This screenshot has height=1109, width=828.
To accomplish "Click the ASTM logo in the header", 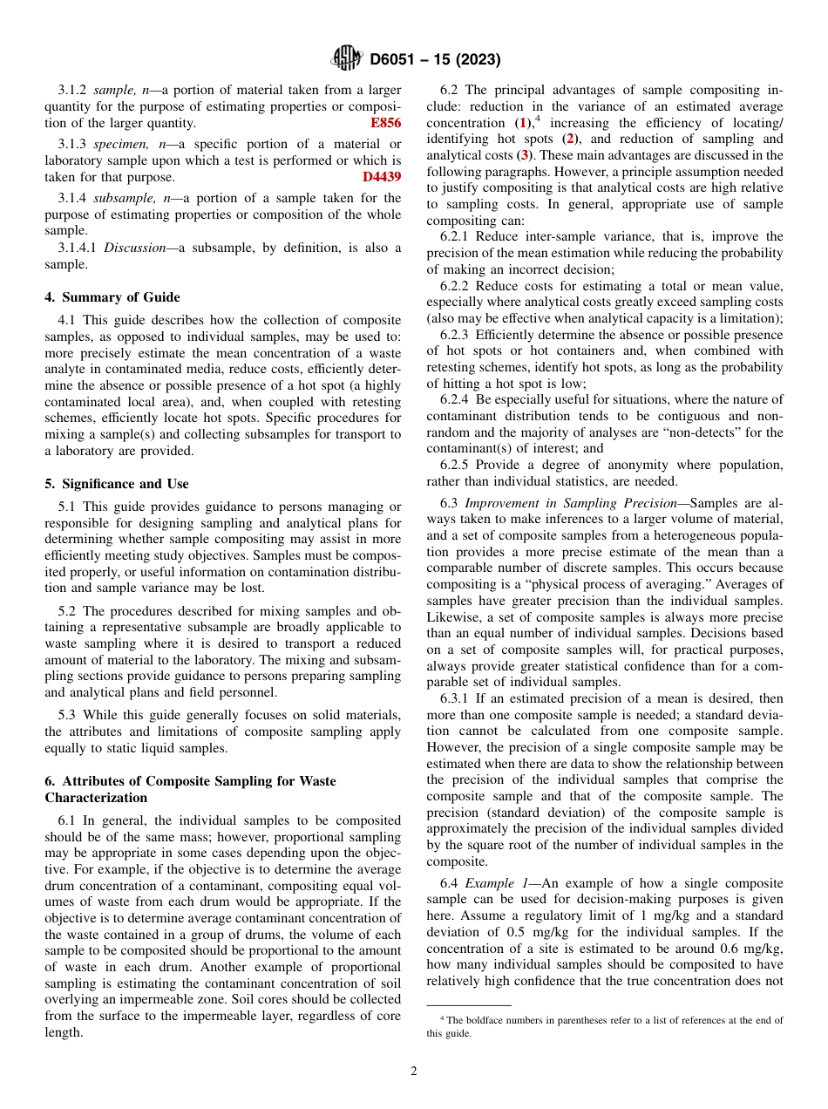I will (x=346, y=59).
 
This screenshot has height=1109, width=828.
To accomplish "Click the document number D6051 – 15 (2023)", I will (x=435, y=60).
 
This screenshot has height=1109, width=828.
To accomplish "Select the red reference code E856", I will (x=385, y=123).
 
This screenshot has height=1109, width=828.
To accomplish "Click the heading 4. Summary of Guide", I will (x=112, y=297).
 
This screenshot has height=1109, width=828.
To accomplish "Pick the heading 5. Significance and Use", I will (x=117, y=484).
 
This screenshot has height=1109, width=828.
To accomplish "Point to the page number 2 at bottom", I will (x=414, y=1072).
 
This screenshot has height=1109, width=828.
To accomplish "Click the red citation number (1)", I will (x=521, y=123).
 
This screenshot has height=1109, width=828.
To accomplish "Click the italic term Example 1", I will (x=493, y=883).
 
